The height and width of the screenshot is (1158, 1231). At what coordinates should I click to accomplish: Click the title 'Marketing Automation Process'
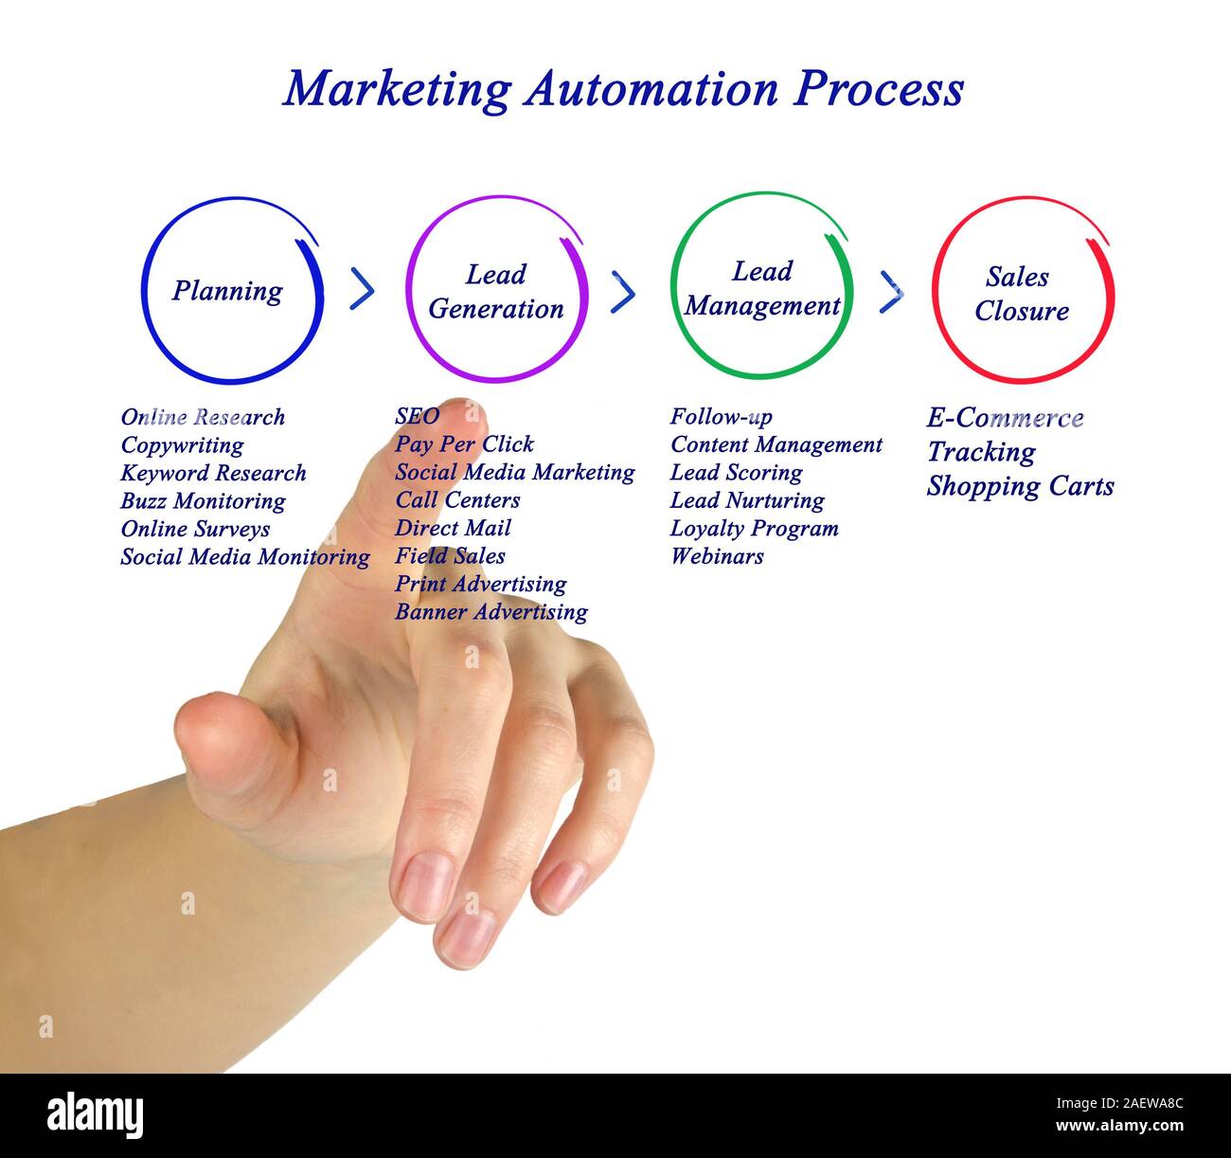(x=623, y=89)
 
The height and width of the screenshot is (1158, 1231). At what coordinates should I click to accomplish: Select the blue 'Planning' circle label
(x=227, y=291)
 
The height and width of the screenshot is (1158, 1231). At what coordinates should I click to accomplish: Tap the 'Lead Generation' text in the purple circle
(x=495, y=292)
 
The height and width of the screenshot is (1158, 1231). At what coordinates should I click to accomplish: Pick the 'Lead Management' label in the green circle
(x=762, y=288)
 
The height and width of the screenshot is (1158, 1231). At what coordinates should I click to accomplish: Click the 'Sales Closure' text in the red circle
(x=1021, y=294)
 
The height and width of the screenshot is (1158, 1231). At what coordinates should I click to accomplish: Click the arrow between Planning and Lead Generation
(x=362, y=289)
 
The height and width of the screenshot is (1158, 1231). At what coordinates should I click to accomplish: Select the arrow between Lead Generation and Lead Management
(x=623, y=292)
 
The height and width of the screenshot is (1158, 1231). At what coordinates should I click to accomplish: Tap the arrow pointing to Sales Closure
(x=891, y=292)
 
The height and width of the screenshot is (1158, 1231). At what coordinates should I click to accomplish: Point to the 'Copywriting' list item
(x=182, y=445)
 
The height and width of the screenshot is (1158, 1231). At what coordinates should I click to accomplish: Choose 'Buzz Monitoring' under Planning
(x=203, y=501)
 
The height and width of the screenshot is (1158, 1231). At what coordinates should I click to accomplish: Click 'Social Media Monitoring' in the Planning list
(x=244, y=557)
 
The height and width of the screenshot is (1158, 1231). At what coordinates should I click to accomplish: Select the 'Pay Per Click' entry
(x=464, y=444)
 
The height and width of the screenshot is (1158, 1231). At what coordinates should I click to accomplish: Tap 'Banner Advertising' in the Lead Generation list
(x=491, y=612)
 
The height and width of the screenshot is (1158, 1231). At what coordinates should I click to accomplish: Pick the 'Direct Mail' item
(x=453, y=529)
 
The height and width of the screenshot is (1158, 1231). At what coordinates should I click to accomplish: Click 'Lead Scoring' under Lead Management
(x=736, y=473)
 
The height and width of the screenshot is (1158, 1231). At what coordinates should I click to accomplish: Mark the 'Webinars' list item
(x=717, y=556)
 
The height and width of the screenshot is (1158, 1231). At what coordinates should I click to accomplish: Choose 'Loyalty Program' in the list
(x=754, y=529)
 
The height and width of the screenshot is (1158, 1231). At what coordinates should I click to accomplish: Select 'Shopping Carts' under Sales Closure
(x=1020, y=487)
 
